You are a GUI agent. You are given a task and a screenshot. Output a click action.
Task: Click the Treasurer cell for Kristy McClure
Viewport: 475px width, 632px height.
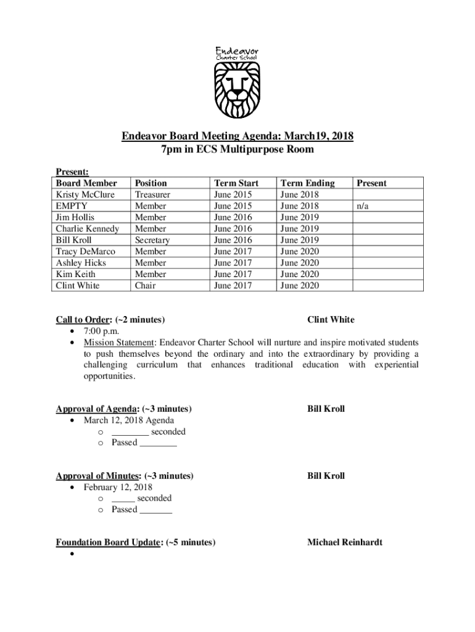tap(152, 194)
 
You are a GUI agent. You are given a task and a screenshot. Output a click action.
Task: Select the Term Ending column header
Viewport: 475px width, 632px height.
tap(307, 183)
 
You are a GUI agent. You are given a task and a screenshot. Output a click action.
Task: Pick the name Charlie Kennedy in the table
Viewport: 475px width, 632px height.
tap(87, 229)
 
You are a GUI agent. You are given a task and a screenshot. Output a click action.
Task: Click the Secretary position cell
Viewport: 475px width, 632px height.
tap(152, 240)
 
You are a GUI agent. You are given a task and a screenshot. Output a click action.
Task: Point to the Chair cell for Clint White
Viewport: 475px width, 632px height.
tap(145, 286)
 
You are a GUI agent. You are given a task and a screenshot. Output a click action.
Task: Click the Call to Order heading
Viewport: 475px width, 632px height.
tap(84, 320)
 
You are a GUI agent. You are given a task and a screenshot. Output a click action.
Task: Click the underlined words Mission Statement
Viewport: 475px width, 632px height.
tap(120, 343)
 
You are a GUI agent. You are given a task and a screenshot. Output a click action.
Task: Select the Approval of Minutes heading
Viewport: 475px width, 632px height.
tap(99, 476)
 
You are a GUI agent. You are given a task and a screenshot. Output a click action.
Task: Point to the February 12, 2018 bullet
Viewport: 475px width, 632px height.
tap(118, 487)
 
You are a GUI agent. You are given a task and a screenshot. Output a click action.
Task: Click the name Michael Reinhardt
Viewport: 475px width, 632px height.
tap(344, 543)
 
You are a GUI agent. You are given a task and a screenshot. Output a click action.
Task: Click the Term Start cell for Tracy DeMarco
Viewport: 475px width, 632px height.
tap(233, 252)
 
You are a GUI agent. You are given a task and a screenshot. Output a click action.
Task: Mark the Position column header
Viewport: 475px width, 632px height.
tap(151, 183)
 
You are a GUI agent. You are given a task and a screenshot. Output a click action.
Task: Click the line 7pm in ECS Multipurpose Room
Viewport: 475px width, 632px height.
tap(237, 149)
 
